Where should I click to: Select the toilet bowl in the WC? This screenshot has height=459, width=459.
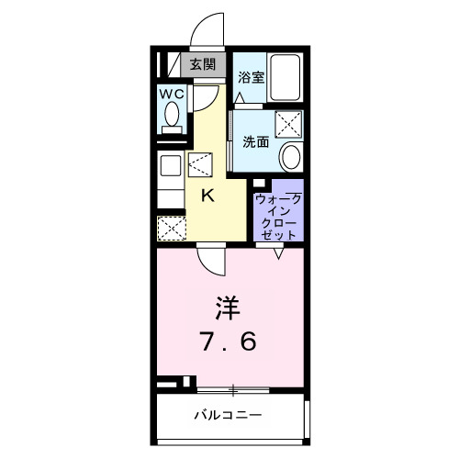pos(172,116)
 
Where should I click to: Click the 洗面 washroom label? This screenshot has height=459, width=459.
pos(254,142)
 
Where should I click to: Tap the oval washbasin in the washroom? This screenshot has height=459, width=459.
pos(290,156)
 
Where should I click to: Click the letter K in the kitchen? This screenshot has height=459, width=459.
pos(207,194)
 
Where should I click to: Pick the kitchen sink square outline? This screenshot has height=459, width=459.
pos(171,167)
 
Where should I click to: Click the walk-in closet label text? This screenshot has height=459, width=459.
pos(277,217)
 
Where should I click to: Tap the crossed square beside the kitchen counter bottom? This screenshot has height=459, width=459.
pos(171,227)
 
